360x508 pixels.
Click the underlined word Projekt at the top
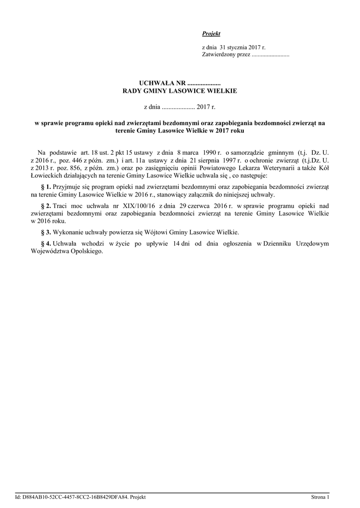(211, 34)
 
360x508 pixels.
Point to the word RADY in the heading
(133, 91)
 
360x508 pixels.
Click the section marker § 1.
(45, 187)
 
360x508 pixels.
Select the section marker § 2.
(45, 205)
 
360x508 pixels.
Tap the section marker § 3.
(45, 232)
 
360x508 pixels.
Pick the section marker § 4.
(45, 244)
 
